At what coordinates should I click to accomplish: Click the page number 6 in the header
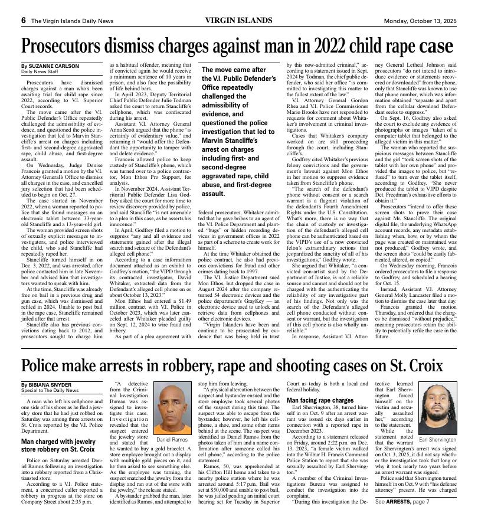pyautogui.click(x=23, y=20)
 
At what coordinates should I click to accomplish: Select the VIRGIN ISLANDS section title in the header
pyautogui.click(x=238, y=20)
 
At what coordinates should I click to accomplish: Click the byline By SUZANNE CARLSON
pyautogui.click(x=50, y=66)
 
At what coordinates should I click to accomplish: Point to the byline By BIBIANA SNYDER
pyautogui.click(x=48, y=384)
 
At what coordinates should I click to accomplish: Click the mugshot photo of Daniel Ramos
pyautogui.click(x=171, y=410)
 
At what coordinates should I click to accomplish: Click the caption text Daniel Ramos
pyautogui.click(x=171, y=440)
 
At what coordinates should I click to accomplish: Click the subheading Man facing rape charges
pyautogui.click(x=325, y=400)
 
